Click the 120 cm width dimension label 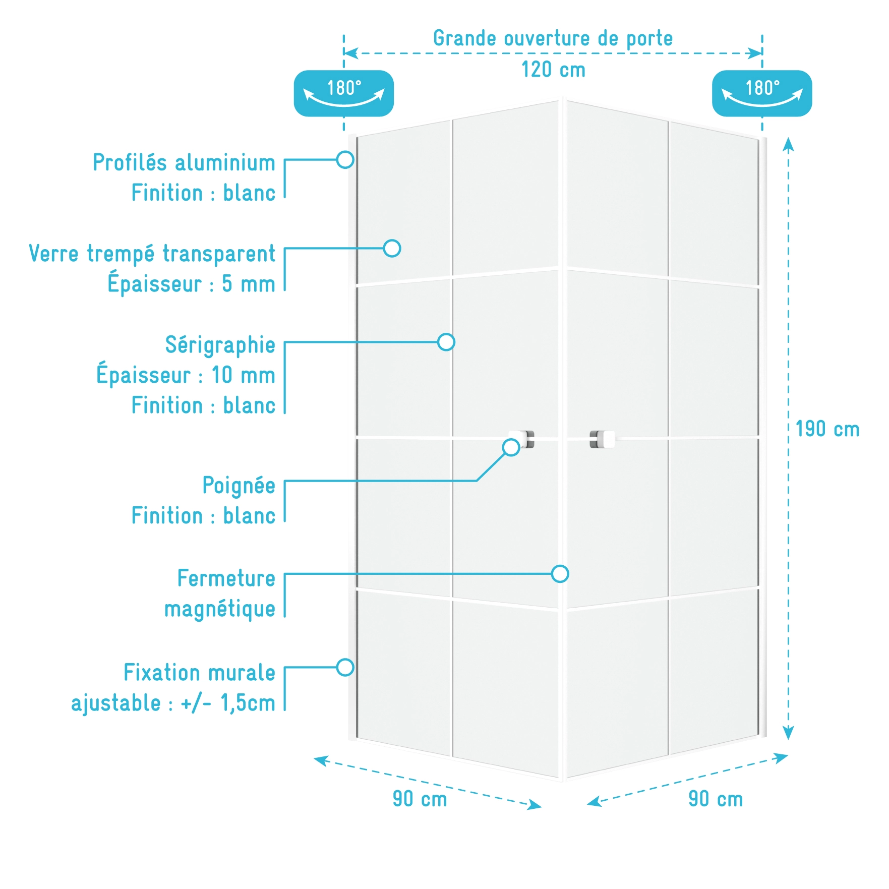click(x=553, y=70)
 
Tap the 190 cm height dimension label click(x=827, y=429)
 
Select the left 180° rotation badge click(x=344, y=93)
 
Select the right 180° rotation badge click(x=762, y=93)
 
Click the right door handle click(x=602, y=439)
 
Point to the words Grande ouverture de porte click(x=553, y=38)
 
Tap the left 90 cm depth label click(x=420, y=799)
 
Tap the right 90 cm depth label click(x=716, y=799)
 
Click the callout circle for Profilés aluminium click(x=345, y=160)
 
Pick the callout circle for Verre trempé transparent click(x=392, y=248)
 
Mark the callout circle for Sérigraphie click(x=446, y=342)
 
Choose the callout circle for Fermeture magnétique click(x=560, y=574)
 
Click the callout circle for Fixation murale click(x=345, y=668)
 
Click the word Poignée click(x=239, y=486)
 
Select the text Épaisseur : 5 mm click(x=192, y=283)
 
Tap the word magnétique click(x=220, y=609)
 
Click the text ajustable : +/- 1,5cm click(x=173, y=703)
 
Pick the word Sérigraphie click(x=220, y=345)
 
